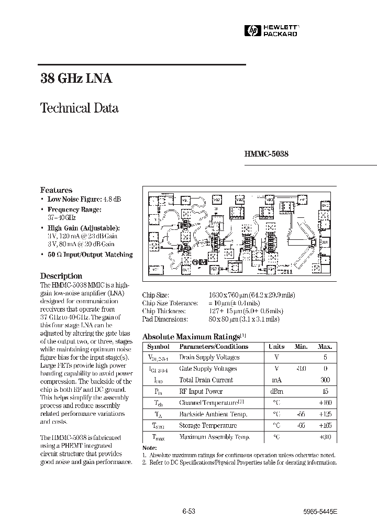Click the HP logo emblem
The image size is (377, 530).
tap(254, 31)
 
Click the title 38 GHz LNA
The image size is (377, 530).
tap(76, 79)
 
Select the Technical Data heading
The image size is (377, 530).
tap(79, 108)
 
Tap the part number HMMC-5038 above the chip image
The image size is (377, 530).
tap(266, 154)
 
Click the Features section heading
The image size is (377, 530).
tap(56, 190)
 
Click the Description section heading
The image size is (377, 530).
tap(61, 275)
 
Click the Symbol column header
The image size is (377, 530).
tap(158, 347)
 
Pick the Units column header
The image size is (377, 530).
tap(276, 347)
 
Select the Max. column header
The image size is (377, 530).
tap(325, 347)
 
